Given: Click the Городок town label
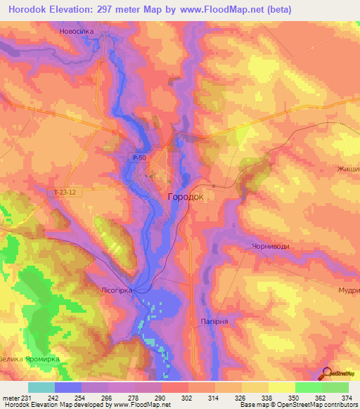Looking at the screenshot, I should (186, 197).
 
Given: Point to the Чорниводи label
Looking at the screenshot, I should (271, 246).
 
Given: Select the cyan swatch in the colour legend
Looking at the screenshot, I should (41, 387).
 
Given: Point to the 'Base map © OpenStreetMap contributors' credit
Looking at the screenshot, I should (297, 405).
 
